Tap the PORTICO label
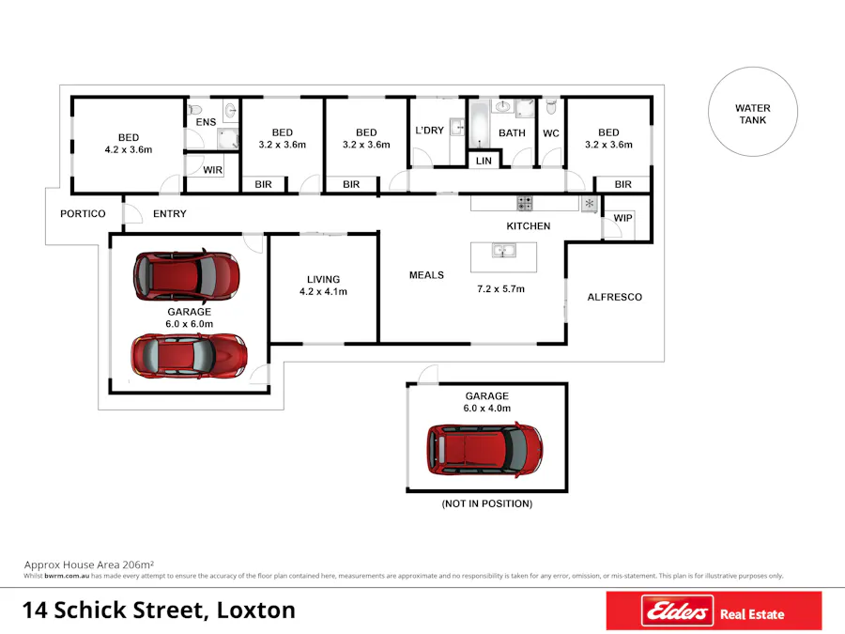(x=83, y=213)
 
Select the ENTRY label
(x=170, y=213)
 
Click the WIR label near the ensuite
(x=213, y=170)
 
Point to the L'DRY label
(x=429, y=131)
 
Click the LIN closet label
(x=484, y=162)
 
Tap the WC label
(x=550, y=133)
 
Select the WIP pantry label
(x=622, y=218)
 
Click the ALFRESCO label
(x=614, y=297)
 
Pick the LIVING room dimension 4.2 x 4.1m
(x=323, y=291)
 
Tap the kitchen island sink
(x=504, y=251)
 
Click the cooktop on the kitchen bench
(x=524, y=202)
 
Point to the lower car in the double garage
(x=189, y=355)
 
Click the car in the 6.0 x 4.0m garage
(x=484, y=448)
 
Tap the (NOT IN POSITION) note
(x=486, y=503)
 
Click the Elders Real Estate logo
(x=713, y=611)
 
